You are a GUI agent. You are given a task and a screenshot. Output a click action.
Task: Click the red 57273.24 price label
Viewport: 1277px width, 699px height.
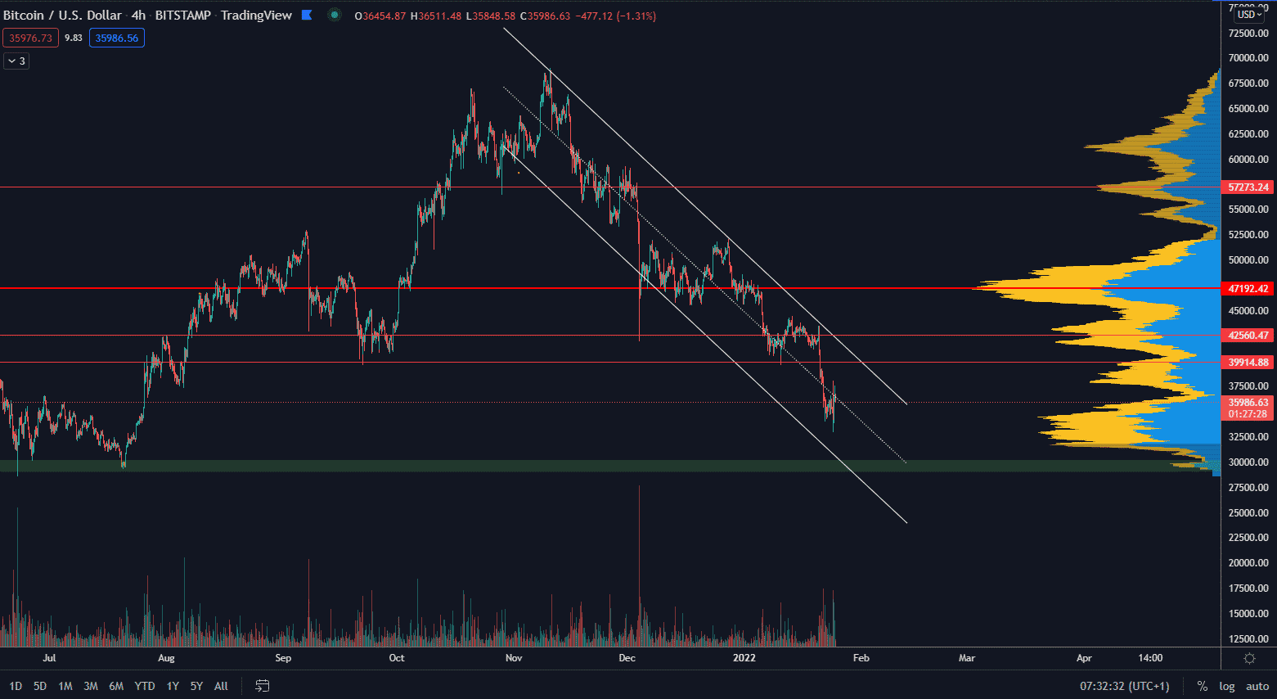(1248, 187)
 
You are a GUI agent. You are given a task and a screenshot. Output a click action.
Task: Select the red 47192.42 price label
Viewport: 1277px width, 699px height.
(1248, 289)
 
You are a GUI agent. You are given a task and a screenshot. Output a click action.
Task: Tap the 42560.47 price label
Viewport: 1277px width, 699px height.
(1248, 336)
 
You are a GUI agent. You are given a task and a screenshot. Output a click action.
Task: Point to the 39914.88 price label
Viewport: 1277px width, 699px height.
(1248, 363)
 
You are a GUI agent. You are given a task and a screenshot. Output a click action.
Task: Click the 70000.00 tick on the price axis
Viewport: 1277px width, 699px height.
(1248, 58)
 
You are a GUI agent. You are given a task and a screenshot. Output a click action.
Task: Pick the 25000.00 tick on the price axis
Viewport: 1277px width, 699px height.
(1248, 513)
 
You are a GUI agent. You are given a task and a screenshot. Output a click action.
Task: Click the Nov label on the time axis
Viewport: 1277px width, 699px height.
(514, 658)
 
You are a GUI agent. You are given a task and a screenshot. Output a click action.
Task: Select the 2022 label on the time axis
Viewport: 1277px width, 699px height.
(744, 658)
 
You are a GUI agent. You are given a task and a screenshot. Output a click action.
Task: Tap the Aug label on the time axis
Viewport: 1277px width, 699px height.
(166, 658)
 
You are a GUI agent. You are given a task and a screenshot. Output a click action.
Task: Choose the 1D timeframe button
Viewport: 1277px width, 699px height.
(16, 686)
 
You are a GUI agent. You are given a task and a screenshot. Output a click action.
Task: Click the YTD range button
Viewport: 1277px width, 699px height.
(145, 686)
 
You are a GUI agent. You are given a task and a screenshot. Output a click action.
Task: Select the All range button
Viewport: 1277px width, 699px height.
(221, 686)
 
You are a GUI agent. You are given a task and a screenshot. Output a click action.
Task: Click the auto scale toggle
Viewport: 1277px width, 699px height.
(1257, 686)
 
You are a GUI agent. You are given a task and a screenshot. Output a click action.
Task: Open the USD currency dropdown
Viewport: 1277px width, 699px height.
(1249, 15)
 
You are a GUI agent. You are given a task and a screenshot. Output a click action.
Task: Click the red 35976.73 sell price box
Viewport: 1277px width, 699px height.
(31, 38)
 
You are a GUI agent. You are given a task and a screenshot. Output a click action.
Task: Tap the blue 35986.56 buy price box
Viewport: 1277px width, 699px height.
(117, 38)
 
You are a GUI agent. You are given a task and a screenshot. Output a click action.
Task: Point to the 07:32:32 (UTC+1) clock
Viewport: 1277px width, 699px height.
(1125, 686)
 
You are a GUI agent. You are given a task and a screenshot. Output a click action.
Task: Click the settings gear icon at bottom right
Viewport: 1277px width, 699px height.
(1249, 658)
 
